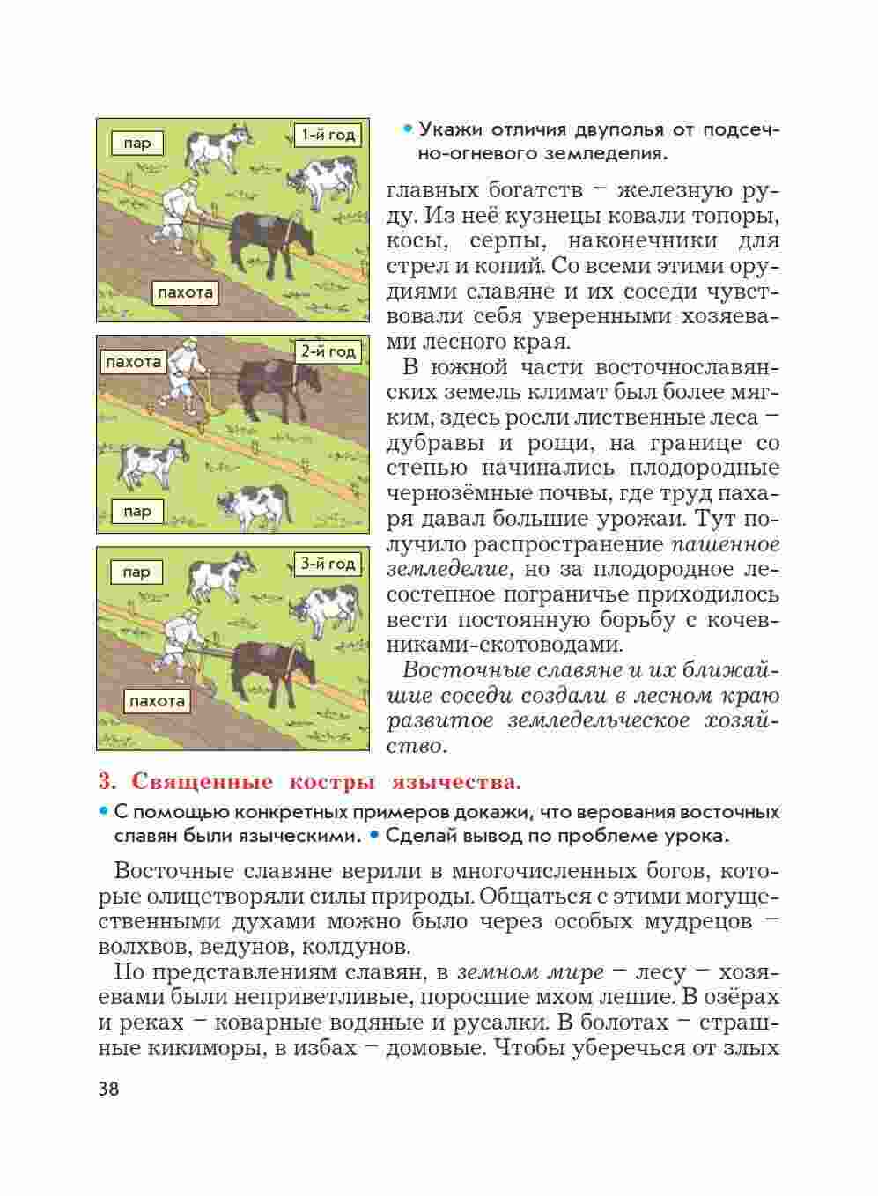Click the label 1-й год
point(328,135)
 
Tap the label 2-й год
point(328,351)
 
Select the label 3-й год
point(328,564)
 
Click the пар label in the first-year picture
point(137,143)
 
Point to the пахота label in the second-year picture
point(133,361)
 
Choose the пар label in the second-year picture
point(137,511)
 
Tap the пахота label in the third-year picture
point(157,701)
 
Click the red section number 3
point(106,781)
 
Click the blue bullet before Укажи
point(407,130)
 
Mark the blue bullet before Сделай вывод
point(373,834)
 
